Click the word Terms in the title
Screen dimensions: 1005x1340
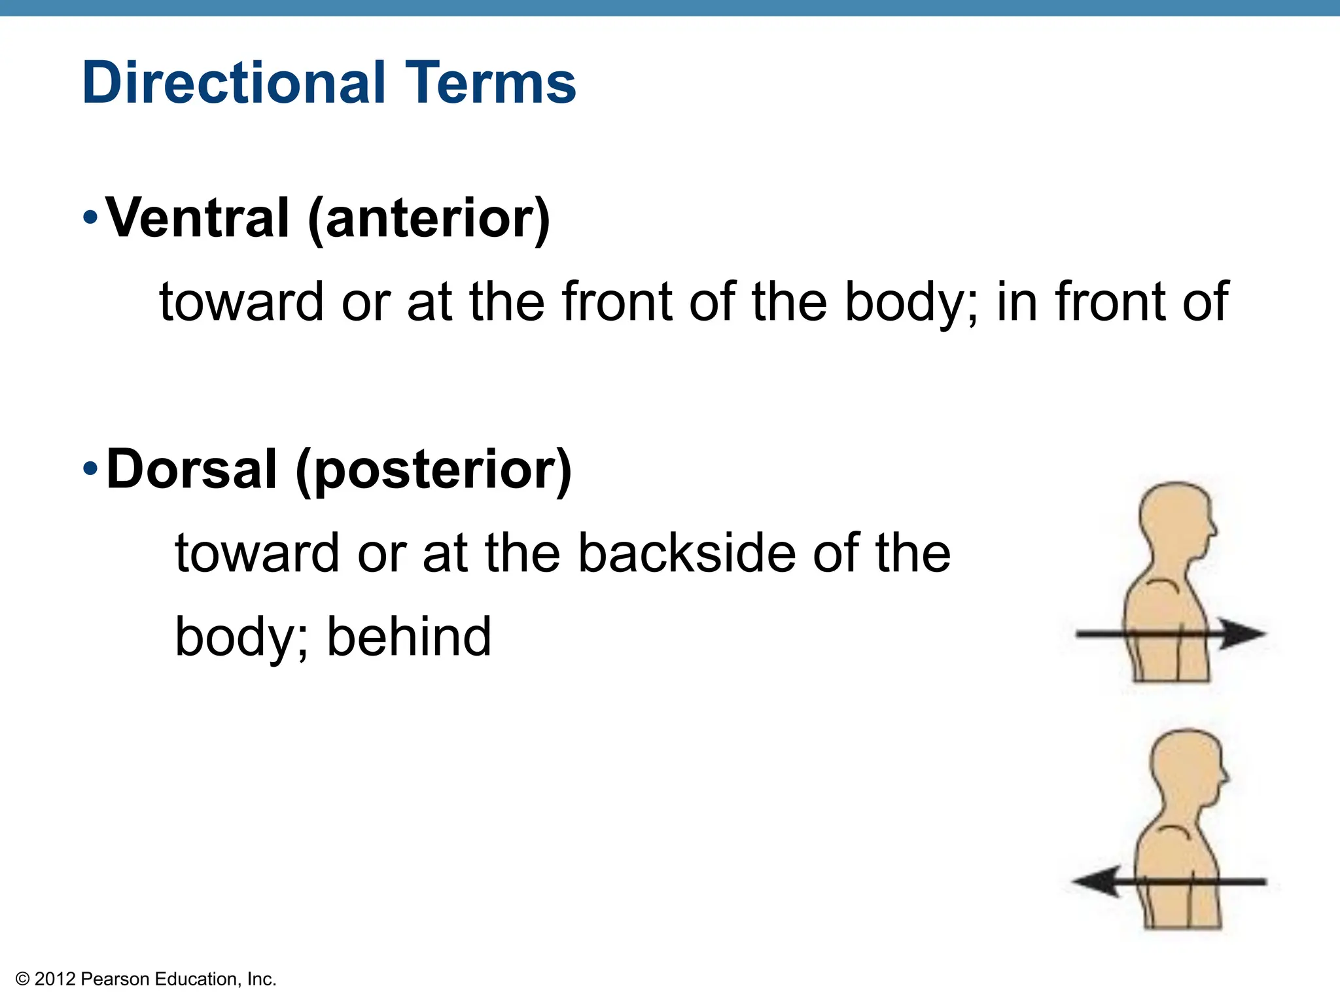pyautogui.click(x=491, y=83)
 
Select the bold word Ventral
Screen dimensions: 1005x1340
pyautogui.click(x=198, y=218)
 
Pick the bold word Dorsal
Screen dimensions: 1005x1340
pyautogui.click(x=192, y=469)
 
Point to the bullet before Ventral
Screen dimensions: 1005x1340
pyautogui.click(x=90, y=217)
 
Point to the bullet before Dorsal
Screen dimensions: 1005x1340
pyautogui.click(x=90, y=468)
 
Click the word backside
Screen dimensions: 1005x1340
pyautogui.click(x=687, y=553)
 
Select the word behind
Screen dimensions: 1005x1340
pyautogui.click(x=409, y=637)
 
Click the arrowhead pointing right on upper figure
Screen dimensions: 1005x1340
pyautogui.click(x=1243, y=633)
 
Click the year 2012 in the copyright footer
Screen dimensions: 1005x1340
pyautogui.click(x=55, y=979)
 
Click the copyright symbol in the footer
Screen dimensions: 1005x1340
pyautogui.click(x=23, y=979)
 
